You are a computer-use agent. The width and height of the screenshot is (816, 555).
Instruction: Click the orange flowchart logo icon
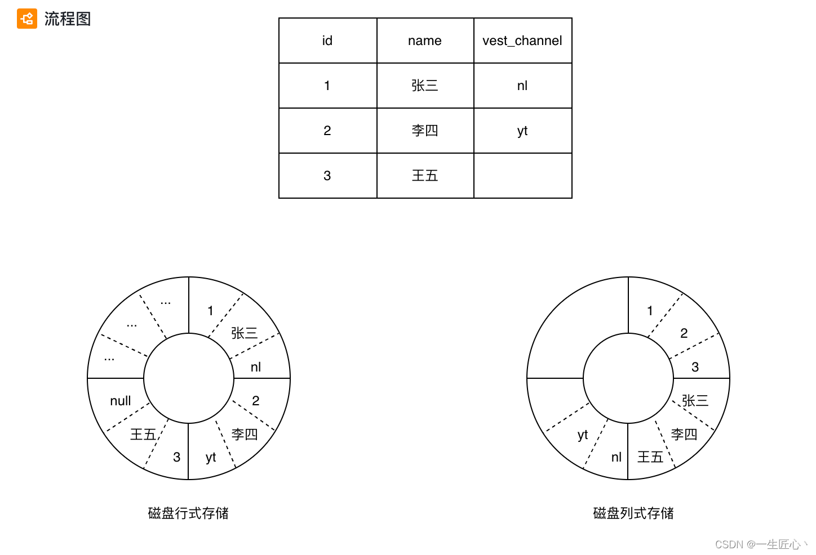[26, 19]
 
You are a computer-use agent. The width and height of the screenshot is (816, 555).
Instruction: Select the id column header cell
[327, 41]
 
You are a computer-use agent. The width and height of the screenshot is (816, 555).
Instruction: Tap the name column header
[425, 41]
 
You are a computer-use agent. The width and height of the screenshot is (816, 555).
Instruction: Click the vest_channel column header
[522, 41]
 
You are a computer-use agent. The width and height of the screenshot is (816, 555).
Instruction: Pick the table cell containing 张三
[425, 86]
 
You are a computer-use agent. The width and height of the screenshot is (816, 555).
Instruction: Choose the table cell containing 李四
[425, 131]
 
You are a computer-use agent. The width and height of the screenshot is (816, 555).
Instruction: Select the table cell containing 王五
[425, 176]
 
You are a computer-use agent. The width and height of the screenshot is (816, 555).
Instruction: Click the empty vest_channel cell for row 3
[522, 176]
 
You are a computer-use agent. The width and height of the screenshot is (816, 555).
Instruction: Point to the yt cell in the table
[522, 131]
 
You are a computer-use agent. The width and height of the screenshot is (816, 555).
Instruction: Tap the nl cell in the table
[522, 86]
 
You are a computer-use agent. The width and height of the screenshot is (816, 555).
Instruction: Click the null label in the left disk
[121, 401]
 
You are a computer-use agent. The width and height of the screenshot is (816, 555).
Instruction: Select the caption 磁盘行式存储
[188, 513]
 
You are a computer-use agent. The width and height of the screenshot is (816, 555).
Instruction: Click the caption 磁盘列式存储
[633, 513]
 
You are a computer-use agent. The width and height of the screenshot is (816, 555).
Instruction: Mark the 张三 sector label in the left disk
[245, 333]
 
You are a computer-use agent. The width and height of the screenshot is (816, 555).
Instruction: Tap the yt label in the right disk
[583, 435]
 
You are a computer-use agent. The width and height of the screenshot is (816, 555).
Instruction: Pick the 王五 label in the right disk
[650, 457]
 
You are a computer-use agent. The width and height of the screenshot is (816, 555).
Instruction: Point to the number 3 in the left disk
[177, 457]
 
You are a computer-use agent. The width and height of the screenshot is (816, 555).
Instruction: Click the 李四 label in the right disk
[684, 435]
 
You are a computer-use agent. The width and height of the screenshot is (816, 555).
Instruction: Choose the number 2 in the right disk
[684, 333]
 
